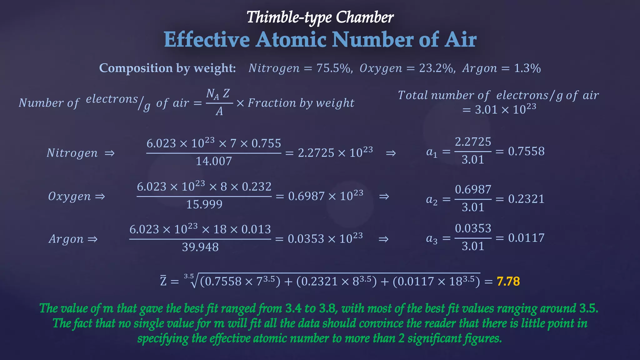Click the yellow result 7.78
coord(508,281)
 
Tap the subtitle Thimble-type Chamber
coord(320,17)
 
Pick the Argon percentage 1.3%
coord(527,68)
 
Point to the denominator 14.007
coord(214,161)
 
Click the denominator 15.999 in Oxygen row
coord(204,204)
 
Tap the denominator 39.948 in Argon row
coord(200,247)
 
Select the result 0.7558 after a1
coord(526,151)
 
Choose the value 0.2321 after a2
coord(526,199)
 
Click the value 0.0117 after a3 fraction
coord(526,238)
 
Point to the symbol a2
coord(432,199)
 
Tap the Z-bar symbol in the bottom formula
coord(163,281)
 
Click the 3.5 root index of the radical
coord(189,276)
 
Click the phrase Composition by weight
coord(167,68)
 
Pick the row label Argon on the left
coord(66,239)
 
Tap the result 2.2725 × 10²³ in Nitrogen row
coord(335,153)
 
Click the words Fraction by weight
coord(301,103)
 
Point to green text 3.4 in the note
coord(293,308)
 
